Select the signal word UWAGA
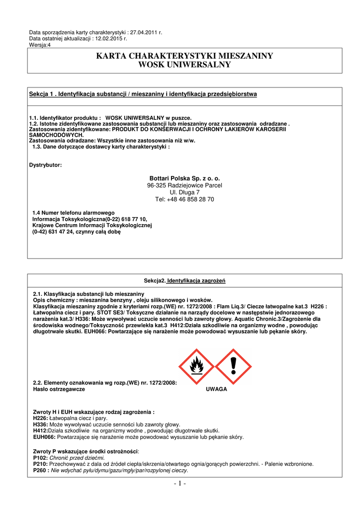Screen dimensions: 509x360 click(x=216, y=389)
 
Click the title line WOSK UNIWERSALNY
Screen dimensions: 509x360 click(x=184, y=65)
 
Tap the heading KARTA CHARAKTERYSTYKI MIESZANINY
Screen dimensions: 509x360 click(x=184, y=56)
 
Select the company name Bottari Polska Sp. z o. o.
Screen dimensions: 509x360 click(x=184, y=178)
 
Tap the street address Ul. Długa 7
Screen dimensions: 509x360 click(x=184, y=192)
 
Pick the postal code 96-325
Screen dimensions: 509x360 click(x=157, y=185)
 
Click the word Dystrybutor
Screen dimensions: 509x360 click(x=46, y=165)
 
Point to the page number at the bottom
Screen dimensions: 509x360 click(x=180, y=484)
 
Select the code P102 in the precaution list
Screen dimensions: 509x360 click(x=40, y=457)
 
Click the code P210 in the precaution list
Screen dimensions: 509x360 click(x=40, y=464)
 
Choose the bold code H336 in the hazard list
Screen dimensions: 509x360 click(x=40, y=424)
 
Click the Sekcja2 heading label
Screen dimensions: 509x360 click(x=154, y=281)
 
